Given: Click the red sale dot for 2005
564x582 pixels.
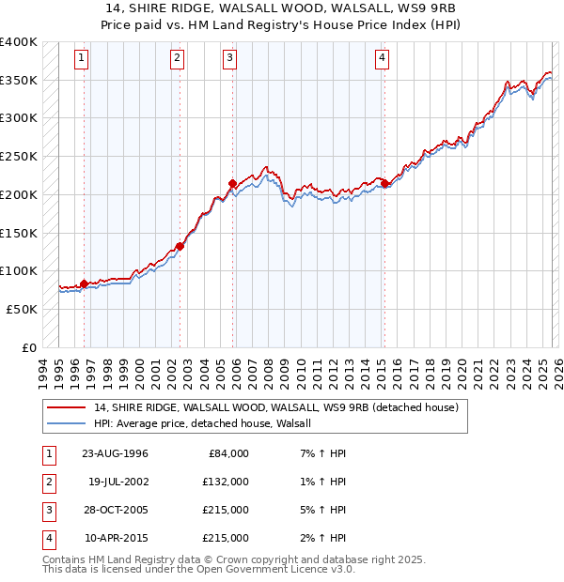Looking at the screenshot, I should pos(232,183).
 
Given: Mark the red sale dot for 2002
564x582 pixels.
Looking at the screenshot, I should pos(180,247).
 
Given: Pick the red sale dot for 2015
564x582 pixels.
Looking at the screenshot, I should pos(384,183).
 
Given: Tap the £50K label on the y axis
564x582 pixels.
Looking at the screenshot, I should pos(22,309).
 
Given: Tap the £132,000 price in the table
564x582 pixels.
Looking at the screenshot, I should pos(226,482).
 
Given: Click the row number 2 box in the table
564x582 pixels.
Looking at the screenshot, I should pos(49,482).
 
